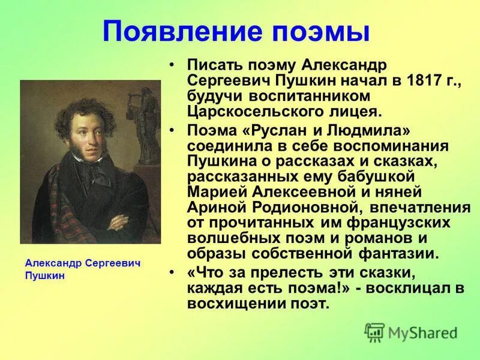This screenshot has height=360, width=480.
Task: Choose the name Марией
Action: pyautogui.click(x=215, y=192)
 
